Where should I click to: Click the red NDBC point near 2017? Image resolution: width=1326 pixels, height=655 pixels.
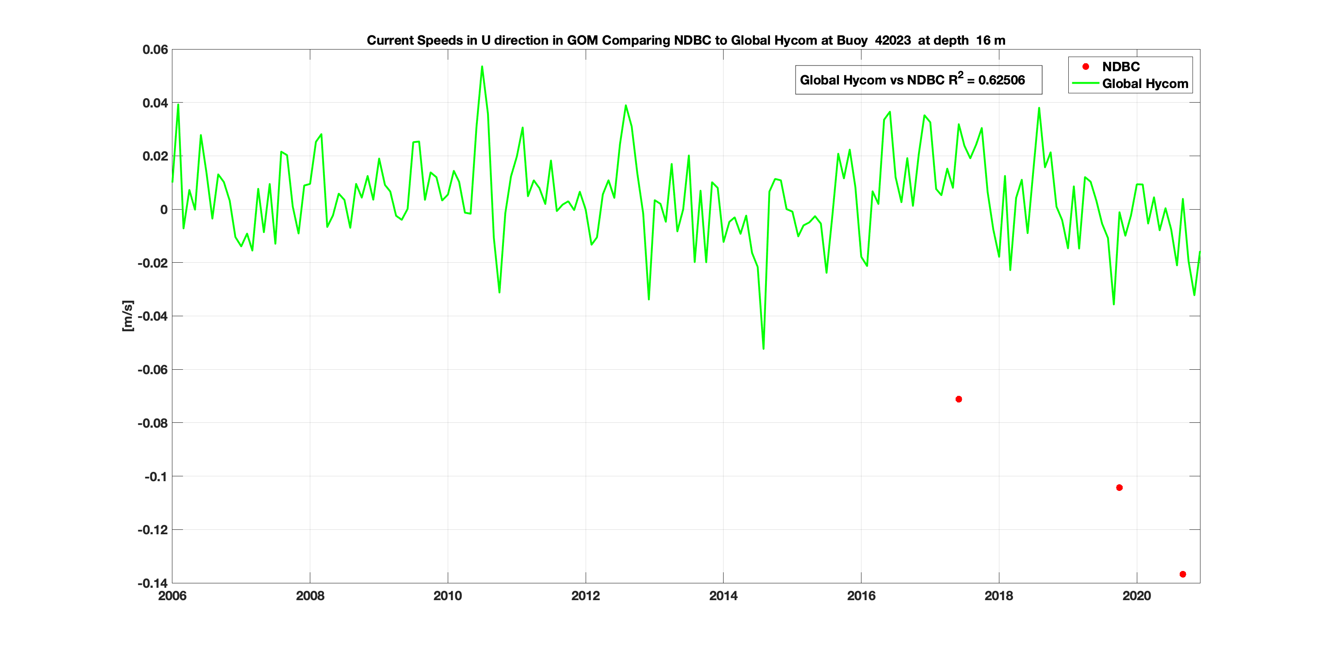pyautogui.click(x=958, y=399)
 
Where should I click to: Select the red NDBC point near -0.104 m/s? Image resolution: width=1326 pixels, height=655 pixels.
pyautogui.click(x=1119, y=488)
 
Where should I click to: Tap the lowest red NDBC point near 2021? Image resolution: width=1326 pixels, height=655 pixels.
pyautogui.click(x=1183, y=574)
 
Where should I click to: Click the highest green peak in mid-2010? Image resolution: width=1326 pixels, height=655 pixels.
pyautogui.click(x=482, y=66)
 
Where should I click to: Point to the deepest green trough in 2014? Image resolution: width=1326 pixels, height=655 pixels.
pyautogui.click(x=763, y=349)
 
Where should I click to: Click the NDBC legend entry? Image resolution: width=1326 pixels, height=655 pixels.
pyautogui.click(x=1120, y=67)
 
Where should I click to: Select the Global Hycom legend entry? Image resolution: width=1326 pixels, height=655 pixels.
pyautogui.click(x=1145, y=84)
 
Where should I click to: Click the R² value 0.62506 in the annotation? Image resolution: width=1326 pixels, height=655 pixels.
pyautogui.click(x=1001, y=80)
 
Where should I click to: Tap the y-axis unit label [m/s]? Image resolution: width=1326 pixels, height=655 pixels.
pyautogui.click(x=128, y=316)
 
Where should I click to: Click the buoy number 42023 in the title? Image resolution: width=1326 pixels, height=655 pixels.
pyautogui.click(x=892, y=41)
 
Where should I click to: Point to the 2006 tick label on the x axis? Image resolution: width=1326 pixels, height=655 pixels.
pyautogui.click(x=172, y=596)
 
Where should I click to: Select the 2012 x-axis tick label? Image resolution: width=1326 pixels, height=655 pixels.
pyautogui.click(x=585, y=596)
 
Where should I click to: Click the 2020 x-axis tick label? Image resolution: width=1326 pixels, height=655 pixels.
pyautogui.click(x=1136, y=596)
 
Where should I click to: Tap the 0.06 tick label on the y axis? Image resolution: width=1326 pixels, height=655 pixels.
pyautogui.click(x=155, y=50)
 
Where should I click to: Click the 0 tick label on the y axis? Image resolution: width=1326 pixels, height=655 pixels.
pyautogui.click(x=164, y=210)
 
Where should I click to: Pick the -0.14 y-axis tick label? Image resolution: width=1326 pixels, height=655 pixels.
pyautogui.click(x=153, y=583)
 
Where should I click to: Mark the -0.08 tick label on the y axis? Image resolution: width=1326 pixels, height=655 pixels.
pyautogui.click(x=153, y=423)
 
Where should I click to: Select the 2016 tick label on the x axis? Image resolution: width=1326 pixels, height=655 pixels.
pyautogui.click(x=861, y=596)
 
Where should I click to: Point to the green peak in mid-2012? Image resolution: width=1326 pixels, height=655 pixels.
pyautogui.click(x=625, y=106)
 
